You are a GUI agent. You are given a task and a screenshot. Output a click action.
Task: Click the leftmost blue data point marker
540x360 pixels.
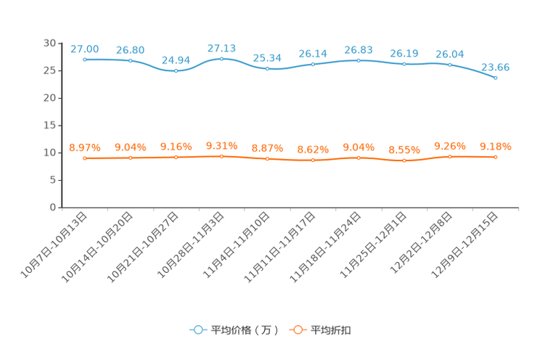tap(85, 60)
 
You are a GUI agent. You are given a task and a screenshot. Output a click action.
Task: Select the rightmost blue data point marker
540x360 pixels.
tap(496, 77)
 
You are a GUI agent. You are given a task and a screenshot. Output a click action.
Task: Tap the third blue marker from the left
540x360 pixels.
tap(176, 71)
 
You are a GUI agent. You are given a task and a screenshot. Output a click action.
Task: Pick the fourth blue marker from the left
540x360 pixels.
tap(221, 58)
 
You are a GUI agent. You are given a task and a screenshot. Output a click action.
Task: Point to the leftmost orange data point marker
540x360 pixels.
tap(85, 158)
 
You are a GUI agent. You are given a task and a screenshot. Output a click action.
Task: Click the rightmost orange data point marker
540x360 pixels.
tap(496, 157)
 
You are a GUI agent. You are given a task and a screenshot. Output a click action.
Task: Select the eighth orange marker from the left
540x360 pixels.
tap(404, 160)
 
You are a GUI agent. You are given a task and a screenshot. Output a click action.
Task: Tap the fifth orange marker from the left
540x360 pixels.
tap(268, 158)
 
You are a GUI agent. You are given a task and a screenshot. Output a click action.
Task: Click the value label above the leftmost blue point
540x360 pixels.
tap(85, 49)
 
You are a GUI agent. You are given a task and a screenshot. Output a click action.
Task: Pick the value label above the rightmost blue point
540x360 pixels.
tap(496, 67)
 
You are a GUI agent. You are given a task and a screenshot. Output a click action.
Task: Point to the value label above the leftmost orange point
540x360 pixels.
tap(85, 147)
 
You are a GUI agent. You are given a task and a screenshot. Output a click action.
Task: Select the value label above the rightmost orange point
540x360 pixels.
tap(496, 147)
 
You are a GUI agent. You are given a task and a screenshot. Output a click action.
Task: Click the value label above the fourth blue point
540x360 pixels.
tap(221, 47)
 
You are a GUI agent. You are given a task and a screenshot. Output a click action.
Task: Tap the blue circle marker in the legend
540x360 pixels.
tap(197, 330)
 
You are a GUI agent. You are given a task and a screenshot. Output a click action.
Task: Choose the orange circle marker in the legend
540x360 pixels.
tap(297, 330)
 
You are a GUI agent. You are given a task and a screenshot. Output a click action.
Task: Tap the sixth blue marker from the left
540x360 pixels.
tap(313, 64)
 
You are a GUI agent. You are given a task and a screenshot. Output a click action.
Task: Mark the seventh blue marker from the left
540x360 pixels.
tap(359, 60)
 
